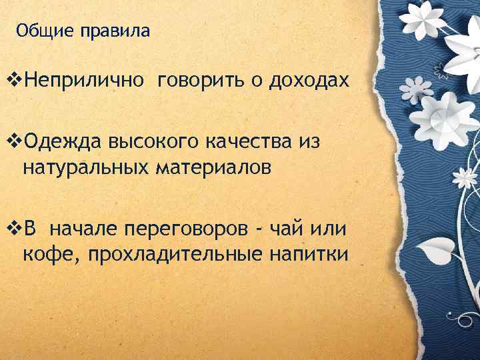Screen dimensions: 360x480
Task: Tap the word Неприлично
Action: (83, 81)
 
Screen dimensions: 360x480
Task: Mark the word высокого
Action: (155, 142)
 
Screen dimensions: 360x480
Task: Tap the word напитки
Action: (311, 254)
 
